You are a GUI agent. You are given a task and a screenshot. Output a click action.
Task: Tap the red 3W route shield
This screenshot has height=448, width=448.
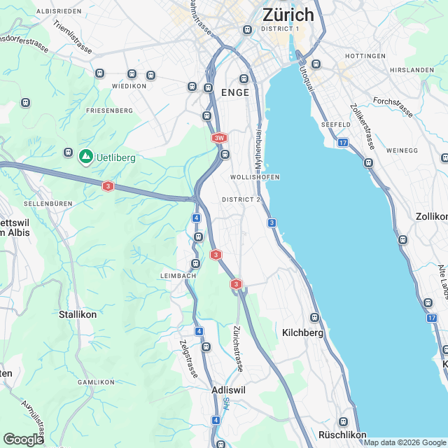(x=219, y=138)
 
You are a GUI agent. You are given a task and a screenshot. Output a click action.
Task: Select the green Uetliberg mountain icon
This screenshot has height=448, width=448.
(x=85, y=156)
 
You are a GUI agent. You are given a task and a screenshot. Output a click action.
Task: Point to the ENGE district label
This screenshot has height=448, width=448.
(x=234, y=92)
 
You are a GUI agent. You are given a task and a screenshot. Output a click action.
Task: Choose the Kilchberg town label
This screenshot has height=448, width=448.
(x=302, y=333)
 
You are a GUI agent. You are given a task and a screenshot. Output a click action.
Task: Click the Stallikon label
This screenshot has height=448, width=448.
(x=78, y=314)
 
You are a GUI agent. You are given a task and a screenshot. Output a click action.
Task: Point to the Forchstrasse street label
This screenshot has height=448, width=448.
(x=393, y=106)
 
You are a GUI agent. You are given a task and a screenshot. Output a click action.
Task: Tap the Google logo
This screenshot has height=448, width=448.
(x=22, y=439)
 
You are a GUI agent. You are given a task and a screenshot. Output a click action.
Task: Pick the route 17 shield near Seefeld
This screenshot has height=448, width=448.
(x=342, y=143)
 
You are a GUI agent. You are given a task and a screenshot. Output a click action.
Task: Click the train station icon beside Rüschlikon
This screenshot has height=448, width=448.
(x=342, y=421)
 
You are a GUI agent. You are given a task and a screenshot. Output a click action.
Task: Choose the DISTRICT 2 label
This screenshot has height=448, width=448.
(x=241, y=199)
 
